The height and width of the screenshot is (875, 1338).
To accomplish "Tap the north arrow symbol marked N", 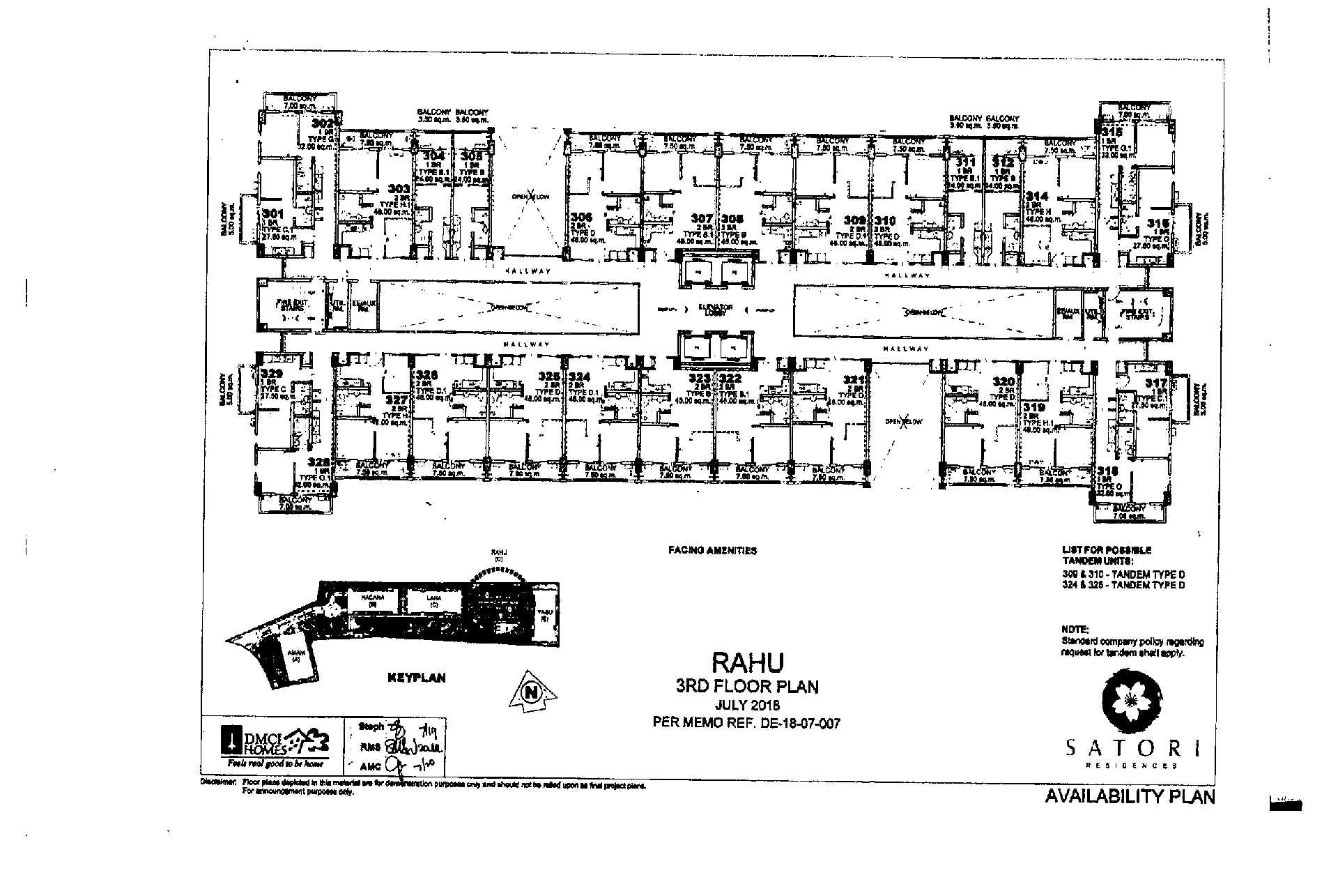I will tap(533, 693).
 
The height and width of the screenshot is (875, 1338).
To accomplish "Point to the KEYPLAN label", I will tap(416, 677).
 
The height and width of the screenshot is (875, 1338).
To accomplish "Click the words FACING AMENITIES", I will tap(712, 550).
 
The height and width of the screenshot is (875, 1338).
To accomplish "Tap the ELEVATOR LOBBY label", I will tap(716, 310).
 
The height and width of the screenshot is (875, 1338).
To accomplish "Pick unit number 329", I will tap(271, 374).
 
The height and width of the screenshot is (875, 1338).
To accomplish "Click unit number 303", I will tap(399, 188).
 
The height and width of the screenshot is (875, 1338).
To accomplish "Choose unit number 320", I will tap(1003, 381).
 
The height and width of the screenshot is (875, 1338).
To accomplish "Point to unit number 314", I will tap(1036, 197).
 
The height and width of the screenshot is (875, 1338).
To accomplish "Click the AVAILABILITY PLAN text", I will tap(1130, 796).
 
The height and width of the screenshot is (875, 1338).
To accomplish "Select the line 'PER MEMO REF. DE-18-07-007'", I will tap(746, 723).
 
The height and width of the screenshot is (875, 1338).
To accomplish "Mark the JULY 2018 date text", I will tap(746, 705).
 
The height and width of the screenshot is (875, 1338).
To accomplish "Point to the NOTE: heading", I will tap(1075, 628).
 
